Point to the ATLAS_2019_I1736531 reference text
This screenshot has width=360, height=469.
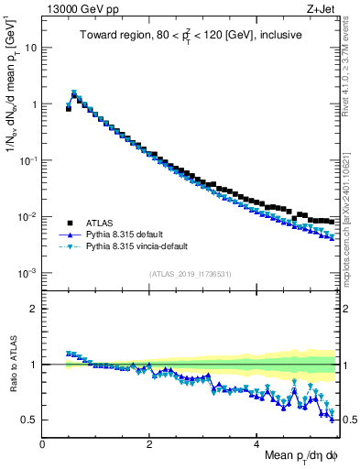(189, 274)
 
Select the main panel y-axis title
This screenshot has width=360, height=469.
(12, 101)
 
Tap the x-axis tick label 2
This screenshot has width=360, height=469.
(149, 444)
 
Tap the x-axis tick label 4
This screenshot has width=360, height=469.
(256, 444)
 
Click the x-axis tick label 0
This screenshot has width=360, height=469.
(42, 444)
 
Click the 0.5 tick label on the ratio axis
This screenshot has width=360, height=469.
(30, 420)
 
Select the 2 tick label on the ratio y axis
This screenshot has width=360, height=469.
(34, 309)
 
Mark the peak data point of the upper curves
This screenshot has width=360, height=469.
(74, 93)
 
